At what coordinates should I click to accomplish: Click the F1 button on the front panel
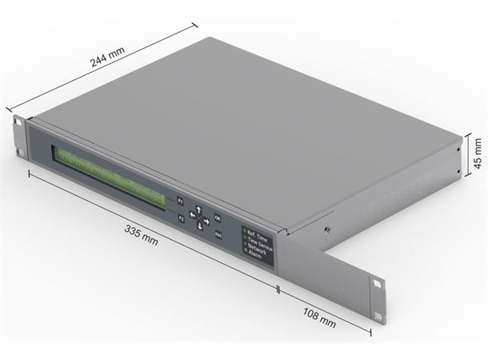click(x=181, y=201)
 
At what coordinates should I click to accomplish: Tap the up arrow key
click(x=199, y=210)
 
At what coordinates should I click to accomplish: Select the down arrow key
click(x=200, y=227)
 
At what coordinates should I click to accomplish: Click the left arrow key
click(x=192, y=215)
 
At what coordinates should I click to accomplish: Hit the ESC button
click(x=218, y=234)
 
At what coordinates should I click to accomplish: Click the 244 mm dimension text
click(x=107, y=61)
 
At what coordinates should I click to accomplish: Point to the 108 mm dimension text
click(x=319, y=317)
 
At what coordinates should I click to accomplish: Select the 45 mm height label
click(x=478, y=152)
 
